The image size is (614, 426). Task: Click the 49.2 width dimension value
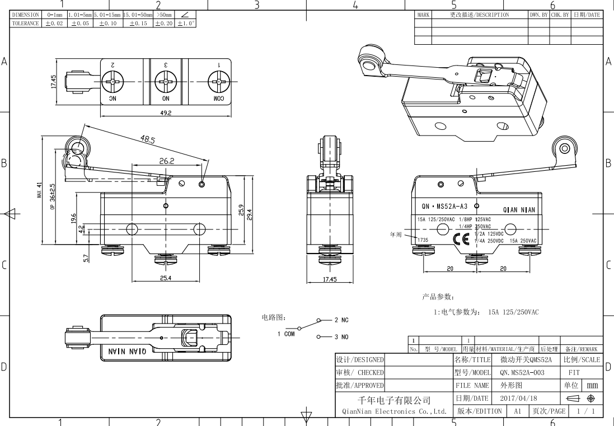pos(166,113)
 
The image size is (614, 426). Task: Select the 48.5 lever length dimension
pos(148,139)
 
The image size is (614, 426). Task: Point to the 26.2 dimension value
pos(166,161)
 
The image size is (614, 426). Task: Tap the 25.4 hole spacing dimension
pos(166,278)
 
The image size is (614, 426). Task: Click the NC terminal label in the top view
pos(113,99)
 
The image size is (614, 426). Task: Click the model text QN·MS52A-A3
pos(444,207)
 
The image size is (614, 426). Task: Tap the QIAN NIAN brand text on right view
pos(519,210)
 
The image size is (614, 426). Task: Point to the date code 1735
pos(423,240)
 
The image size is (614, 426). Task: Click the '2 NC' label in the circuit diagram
pos(341,320)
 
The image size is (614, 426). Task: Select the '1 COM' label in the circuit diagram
pos(286,334)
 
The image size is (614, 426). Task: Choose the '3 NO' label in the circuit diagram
pos(341,337)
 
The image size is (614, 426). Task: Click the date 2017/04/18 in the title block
pos(518,398)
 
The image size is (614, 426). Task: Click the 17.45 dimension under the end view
pos(329,278)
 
